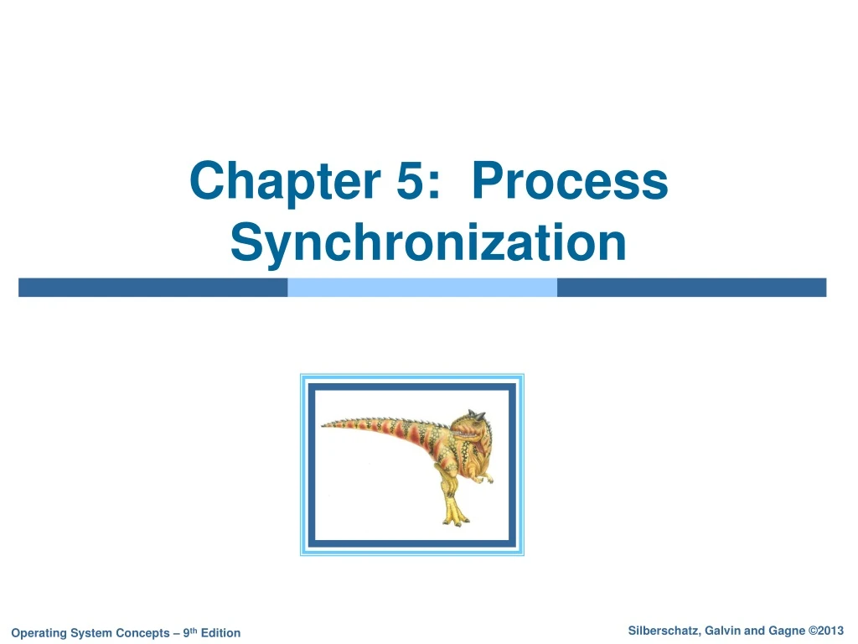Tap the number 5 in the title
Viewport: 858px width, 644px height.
click(411, 182)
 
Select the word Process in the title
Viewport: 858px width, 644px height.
click(570, 182)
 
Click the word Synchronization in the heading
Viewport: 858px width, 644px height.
click(428, 242)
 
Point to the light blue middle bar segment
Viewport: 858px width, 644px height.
click(422, 288)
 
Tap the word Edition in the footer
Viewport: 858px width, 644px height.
click(220, 633)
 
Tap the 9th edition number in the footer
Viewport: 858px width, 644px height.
click(189, 632)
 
